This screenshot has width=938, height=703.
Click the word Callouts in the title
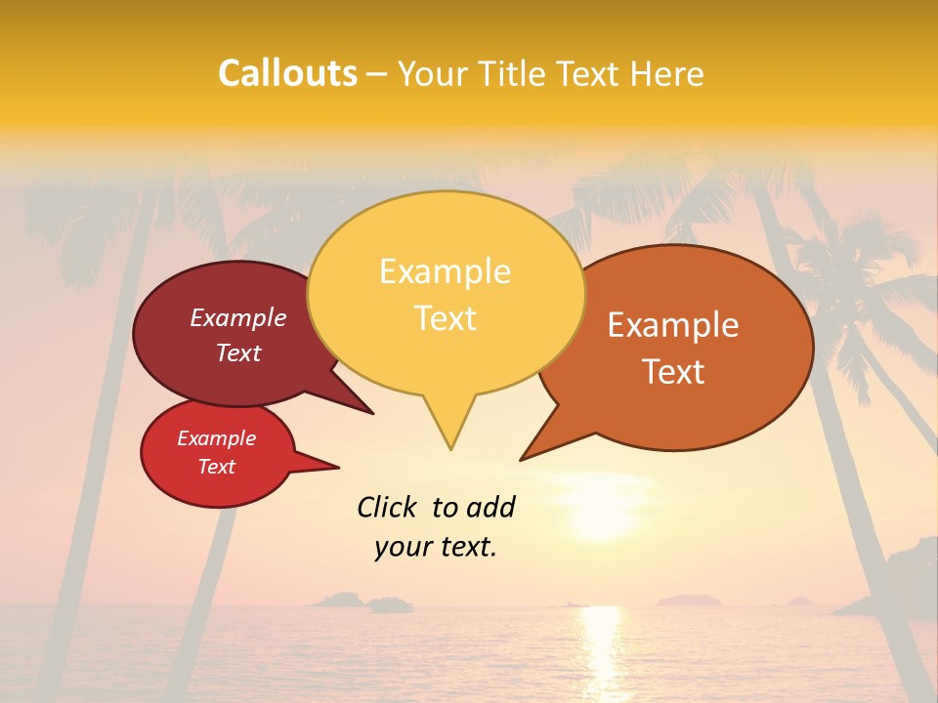[x=287, y=73]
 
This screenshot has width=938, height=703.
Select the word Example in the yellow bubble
[x=445, y=271]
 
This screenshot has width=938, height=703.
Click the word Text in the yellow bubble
[x=445, y=318]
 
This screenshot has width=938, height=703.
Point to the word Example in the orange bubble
[x=673, y=325]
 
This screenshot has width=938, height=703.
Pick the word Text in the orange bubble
[x=674, y=372]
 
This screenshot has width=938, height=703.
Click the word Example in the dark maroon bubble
[x=238, y=317]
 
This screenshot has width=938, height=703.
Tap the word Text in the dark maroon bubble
[x=238, y=352]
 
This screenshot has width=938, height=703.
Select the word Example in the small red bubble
[x=216, y=438]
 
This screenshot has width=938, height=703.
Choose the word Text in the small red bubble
[x=216, y=467]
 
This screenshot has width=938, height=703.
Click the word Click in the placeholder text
[x=388, y=507]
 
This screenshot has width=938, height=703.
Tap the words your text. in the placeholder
[x=436, y=547]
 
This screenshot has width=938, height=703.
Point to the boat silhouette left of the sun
[x=391, y=605]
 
